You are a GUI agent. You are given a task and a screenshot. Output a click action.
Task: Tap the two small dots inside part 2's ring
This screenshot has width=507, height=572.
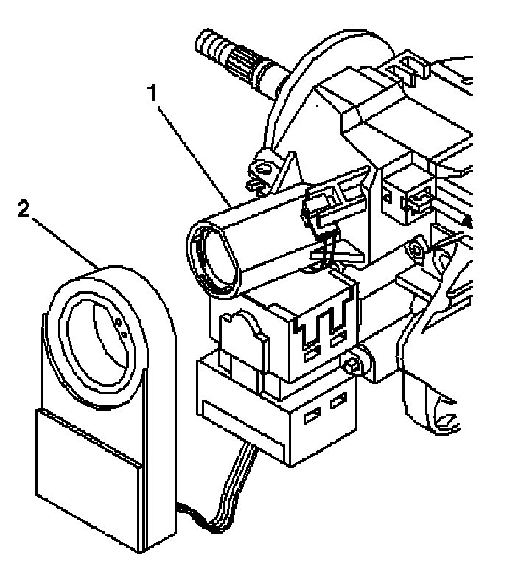coord(122,328)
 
